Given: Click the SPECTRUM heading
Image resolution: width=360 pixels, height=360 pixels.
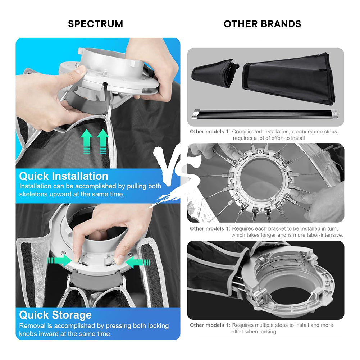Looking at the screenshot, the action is (96, 24).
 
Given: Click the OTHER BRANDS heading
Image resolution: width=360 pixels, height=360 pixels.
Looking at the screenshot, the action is (263, 24).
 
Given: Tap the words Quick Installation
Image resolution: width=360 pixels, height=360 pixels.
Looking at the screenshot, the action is (64, 176).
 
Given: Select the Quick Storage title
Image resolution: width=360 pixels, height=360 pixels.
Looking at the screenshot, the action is (55, 315).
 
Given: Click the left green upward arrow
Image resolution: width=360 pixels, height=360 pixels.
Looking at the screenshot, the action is (87, 141).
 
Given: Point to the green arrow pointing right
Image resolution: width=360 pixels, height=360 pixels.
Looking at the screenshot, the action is (60, 260).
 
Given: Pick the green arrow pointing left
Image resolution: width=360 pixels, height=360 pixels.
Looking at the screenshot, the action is (138, 262).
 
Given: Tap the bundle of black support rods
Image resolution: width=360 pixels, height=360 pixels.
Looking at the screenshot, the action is (265, 114).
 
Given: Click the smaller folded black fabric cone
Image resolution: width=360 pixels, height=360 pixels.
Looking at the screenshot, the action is (215, 73).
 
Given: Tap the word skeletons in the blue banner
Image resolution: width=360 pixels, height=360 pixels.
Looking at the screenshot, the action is (33, 194).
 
